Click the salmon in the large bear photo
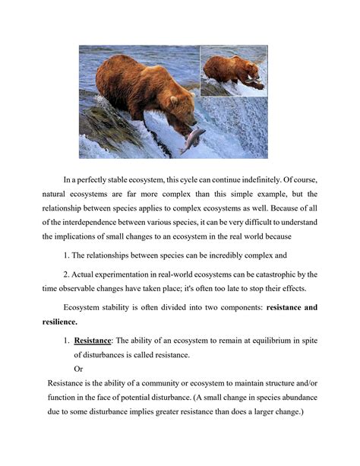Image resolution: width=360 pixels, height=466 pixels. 192,140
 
